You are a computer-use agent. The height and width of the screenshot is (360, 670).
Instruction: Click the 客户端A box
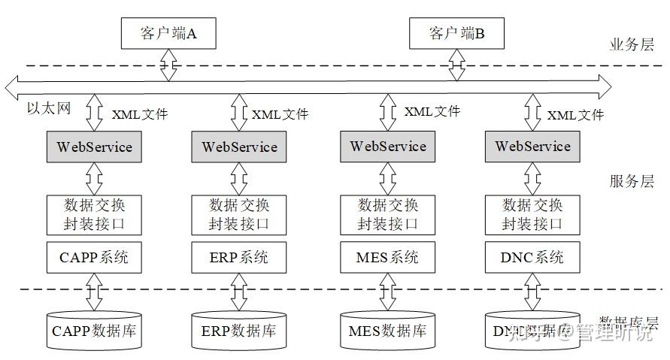(168, 33)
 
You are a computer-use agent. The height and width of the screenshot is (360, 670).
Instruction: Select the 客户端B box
(456, 33)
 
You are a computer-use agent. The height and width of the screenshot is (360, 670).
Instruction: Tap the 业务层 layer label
(632, 44)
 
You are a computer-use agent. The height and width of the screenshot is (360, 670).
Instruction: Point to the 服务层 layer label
(632, 181)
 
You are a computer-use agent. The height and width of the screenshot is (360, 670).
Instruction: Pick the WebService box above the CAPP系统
(94, 147)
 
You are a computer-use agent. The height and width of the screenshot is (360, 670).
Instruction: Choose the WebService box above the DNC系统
(532, 147)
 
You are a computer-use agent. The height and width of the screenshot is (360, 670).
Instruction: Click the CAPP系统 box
(94, 258)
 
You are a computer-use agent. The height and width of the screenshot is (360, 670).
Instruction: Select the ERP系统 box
(239, 258)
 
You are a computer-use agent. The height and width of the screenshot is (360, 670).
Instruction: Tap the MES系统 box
(387, 258)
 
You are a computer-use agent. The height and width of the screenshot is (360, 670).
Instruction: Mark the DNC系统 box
(532, 258)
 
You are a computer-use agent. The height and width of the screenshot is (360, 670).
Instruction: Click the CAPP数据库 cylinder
(94, 330)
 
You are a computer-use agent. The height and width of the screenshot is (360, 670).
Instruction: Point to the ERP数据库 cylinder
(239, 330)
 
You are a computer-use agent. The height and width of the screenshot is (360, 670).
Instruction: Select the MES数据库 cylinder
(387, 330)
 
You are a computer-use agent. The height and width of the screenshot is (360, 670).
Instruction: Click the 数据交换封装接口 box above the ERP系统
(239, 214)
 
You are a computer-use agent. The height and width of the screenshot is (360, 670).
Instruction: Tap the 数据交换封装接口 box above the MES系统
(387, 214)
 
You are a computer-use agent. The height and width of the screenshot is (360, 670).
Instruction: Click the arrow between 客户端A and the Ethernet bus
(168, 65)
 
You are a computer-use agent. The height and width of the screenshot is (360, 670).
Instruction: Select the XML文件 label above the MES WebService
(432, 111)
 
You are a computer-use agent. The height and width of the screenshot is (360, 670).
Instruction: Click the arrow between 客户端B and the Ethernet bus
(456, 65)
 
